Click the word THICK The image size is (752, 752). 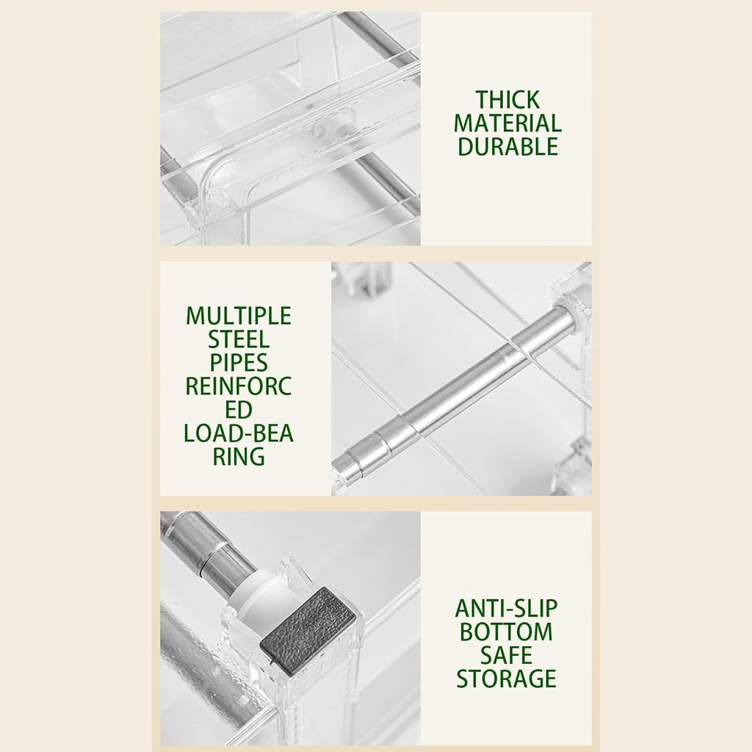pyautogui.click(x=507, y=100)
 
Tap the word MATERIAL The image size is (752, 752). pyautogui.click(x=507, y=123)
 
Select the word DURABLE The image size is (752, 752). pyautogui.click(x=507, y=147)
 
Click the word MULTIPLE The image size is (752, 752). pyautogui.click(x=239, y=317)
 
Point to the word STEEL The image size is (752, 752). pyautogui.click(x=239, y=340)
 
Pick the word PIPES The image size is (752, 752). pyautogui.click(x=239, y=363)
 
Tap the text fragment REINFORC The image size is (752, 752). pyautogui.click(x=239, y=386)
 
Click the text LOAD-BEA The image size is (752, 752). pyautogui.click(x=239, y=433)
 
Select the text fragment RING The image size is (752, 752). pyautogui.click(x=239, y=457)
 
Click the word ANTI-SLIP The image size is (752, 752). pyautogui.click(x=507, y=609)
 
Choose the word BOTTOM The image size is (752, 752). pyautogui.click(x=507, y=632)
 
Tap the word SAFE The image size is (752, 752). pyautogui.click(x=507, y=655)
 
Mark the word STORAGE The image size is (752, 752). pyautogui.click(x=507, y=679)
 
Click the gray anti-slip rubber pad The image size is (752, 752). pyautogui.click(x=308, y=623)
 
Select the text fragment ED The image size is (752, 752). pyautogui.click(x=239, y=410)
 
